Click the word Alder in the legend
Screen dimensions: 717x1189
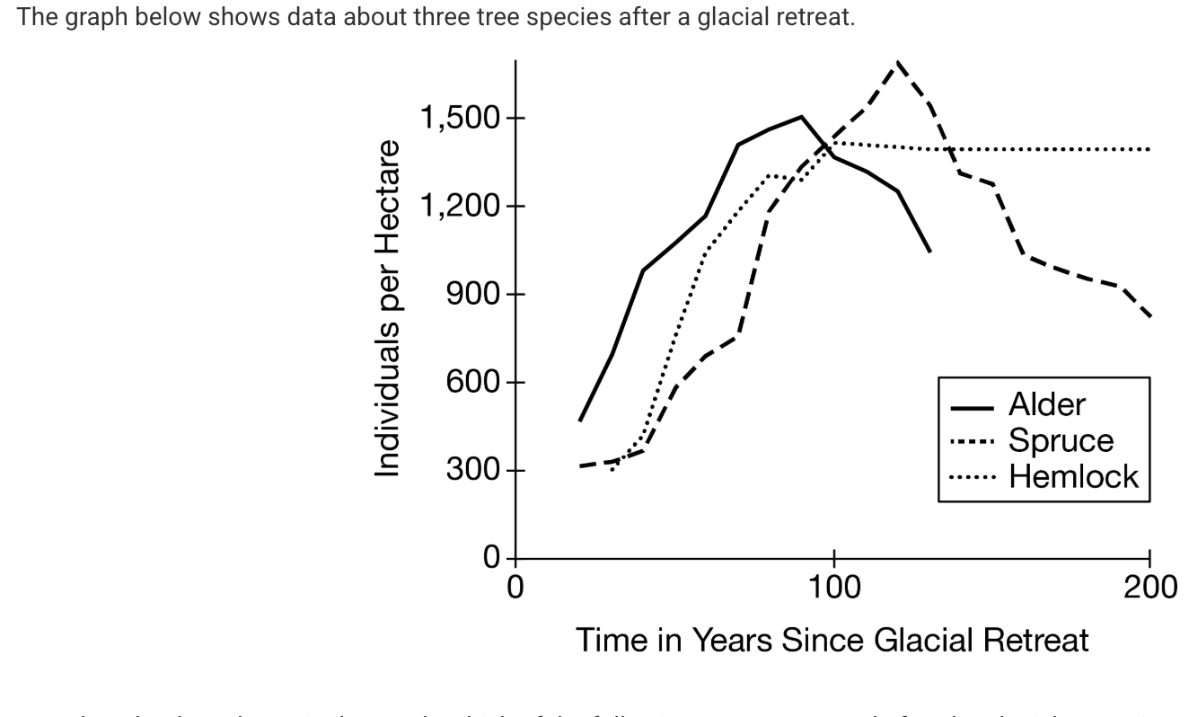pos(1046,405)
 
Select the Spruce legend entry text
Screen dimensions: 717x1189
pos(1061,440)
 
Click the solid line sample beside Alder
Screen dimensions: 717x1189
pos(971,407)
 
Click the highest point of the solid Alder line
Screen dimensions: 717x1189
pos(801,116)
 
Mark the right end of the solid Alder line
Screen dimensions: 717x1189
pos(929,251)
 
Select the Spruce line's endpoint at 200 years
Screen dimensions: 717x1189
pos(1149,315)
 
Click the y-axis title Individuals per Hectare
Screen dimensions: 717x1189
pos(387,308)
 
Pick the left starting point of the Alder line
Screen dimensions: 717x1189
pos(580,420)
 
